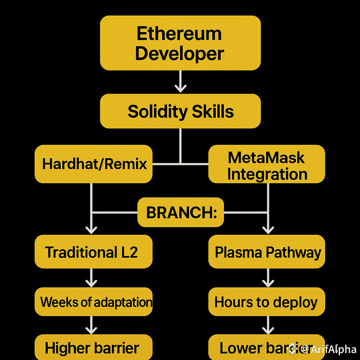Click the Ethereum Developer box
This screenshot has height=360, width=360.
point(180,43)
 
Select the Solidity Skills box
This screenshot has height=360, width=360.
point(180,111)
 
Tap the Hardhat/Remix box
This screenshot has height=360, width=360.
point(93,164)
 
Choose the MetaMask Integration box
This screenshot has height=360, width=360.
point(267,164)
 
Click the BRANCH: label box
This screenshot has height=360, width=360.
point(180,213)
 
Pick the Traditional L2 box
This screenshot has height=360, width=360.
point(93,252)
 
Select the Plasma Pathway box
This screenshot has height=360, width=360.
point(267,252)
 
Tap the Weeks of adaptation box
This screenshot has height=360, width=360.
point(93,301)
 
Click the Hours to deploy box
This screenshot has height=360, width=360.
point(267,301)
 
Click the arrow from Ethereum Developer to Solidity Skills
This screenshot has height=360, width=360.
point(180,82)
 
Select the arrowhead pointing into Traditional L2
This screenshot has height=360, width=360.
point(91,230)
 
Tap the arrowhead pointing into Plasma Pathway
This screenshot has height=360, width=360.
point(268,230)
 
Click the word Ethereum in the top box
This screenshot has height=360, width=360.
point(179,33)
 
